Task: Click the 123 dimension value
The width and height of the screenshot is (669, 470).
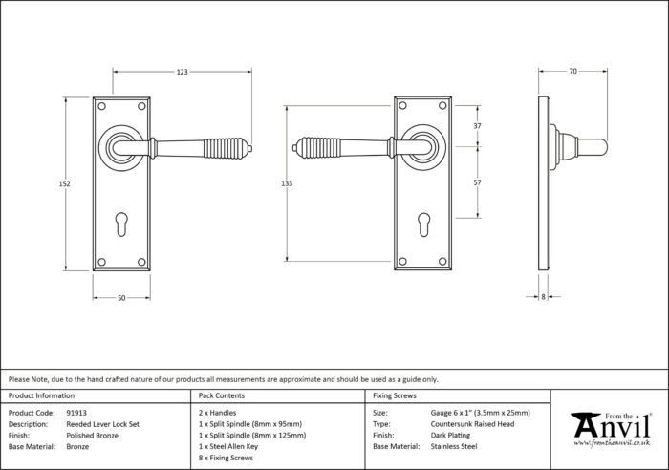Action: [x=183, y=72]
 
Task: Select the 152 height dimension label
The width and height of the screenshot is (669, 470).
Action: [x=64, y=183]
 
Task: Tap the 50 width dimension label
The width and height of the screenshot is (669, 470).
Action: [x=121, y=298]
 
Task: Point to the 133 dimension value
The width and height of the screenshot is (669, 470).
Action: [x=287, y=183]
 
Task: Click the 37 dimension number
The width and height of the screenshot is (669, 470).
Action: [x=477, y=126]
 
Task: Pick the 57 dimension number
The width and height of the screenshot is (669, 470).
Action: [x=477, y=182]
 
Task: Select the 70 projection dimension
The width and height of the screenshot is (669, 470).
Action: [x=573, y=72]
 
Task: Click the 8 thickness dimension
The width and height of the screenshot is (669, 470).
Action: [x=543, y=297]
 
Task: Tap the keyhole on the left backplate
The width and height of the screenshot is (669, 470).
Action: [x=121, y=224]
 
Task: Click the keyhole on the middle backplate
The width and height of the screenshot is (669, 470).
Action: [x=423, y=224]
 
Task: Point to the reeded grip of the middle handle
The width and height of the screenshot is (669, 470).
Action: [x=319, y=147]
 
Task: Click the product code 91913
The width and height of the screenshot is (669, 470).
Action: [x=76, y=413]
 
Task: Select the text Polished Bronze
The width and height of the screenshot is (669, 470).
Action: [x=92, y=436]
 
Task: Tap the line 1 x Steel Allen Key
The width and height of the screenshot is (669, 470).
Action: [x=228, y=446]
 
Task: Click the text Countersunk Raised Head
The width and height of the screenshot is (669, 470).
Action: [x=472, y=424]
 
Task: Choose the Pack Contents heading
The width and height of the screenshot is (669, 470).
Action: [x=222, y=395]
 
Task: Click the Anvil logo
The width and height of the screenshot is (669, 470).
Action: [x=612, y=429]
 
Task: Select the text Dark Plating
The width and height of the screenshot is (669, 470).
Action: [x=450, y=436]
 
